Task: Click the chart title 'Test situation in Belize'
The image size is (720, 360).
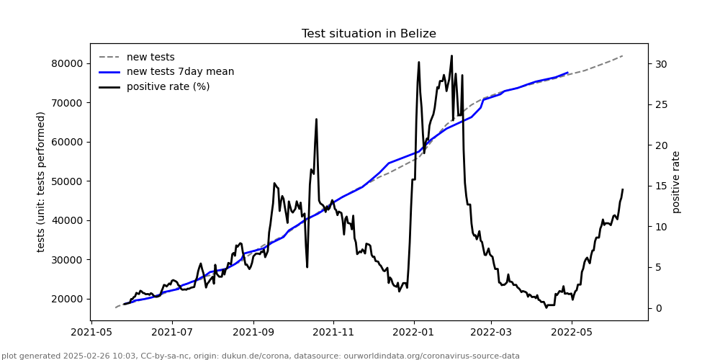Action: [369, 34]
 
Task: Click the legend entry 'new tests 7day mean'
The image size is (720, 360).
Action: [180, 72]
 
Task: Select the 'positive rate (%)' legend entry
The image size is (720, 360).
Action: [168, 87]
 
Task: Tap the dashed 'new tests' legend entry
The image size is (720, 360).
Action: [150, 58]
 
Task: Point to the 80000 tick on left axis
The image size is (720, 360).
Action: [67, 63]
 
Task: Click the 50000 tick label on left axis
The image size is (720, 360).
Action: [67, 181]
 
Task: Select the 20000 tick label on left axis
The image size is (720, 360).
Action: [67, 299]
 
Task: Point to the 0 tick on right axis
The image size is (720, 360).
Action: [657, 308]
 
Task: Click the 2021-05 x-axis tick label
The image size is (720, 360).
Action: [91, 333]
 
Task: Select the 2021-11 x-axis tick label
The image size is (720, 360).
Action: [333, 333]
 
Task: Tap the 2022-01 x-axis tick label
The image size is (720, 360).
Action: [414, 333]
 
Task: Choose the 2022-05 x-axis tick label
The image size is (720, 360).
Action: [572, 333]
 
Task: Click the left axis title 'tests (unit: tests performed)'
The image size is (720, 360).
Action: [41, 181]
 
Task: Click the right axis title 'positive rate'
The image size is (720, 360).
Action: [676, 181]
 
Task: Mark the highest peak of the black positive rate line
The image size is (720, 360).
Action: [451, 55]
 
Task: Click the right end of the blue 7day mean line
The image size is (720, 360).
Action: [568, 73]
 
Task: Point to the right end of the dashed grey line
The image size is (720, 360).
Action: [623, 55]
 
